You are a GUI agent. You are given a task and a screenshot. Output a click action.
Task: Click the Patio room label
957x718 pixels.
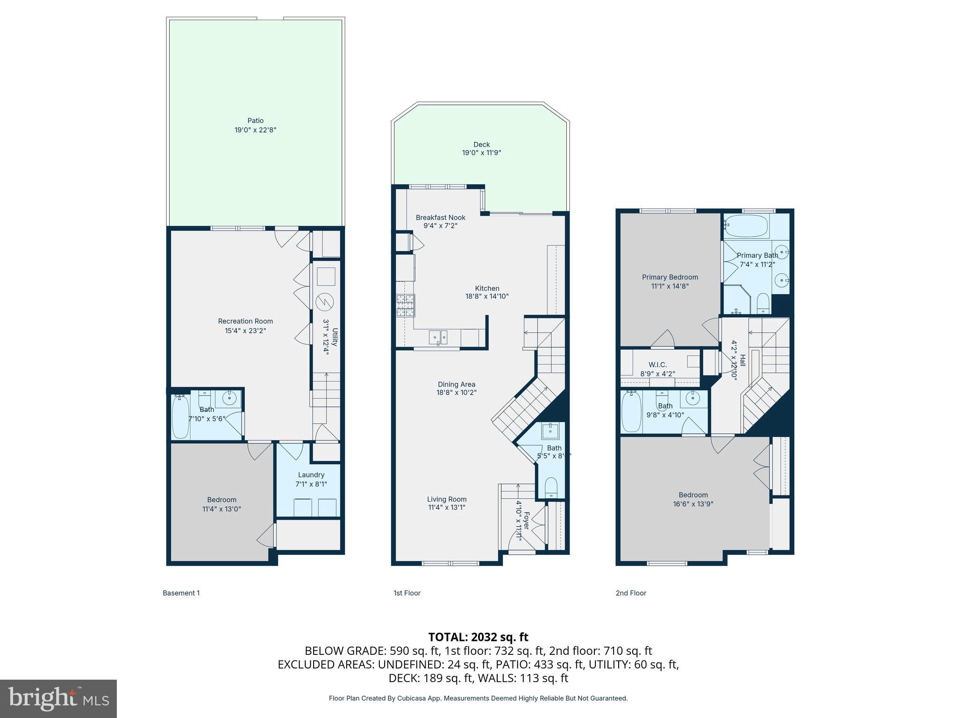(256, 121)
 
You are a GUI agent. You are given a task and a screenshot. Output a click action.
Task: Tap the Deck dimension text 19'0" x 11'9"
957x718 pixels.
(481, 153)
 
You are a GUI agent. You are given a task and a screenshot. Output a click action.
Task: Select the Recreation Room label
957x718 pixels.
(245, 321)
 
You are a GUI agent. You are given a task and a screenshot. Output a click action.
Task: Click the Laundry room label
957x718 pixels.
(311, 475)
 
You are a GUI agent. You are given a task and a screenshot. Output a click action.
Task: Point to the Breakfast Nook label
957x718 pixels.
(441, 217)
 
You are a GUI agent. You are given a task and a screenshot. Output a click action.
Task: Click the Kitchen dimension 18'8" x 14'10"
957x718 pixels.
(487, 296)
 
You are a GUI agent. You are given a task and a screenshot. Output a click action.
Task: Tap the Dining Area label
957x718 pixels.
(457, 384)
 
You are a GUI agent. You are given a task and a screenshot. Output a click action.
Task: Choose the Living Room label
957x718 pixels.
(447, 499)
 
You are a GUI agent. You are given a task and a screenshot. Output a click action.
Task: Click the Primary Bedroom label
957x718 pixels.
(670, 277)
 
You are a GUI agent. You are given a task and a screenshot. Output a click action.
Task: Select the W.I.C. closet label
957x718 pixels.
(657, 365)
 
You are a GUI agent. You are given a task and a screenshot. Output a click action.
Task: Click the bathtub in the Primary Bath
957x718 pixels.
(745, 226)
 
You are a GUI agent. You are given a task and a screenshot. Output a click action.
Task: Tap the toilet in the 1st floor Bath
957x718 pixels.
(551, 488)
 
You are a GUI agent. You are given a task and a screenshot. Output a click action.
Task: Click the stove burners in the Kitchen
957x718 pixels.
(405, 306)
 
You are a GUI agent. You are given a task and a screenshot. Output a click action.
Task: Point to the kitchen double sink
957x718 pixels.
(438, 337)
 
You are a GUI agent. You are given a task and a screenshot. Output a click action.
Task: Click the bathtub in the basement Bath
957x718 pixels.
(180, 416)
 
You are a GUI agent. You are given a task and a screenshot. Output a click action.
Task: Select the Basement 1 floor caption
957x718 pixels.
(181, 593)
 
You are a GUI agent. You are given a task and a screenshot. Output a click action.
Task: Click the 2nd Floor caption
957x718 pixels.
(631, 593)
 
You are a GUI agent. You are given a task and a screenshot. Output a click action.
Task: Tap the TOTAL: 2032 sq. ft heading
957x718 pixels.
(478, 637)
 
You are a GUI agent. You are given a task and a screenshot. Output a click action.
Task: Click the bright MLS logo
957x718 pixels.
(58, 699)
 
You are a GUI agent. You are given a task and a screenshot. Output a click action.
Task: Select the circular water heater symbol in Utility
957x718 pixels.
(325, 302)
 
